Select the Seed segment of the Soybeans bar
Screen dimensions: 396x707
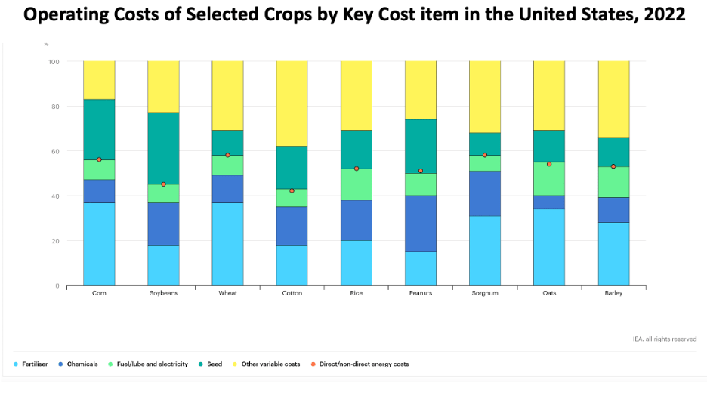pyautogui.click(x=163, y=148)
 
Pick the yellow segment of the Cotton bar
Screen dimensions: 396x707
pyautogui.click(x=292, y=104)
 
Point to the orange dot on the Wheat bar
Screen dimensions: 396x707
pyautogui.click(x=227, y=155)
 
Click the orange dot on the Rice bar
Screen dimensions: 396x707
pyautogui.click(x=357, y=169)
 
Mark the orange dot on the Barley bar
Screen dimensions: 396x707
pyautogui.click(x=613, y=166)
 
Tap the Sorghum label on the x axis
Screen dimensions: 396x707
pyautogui.click(x=485, y=293)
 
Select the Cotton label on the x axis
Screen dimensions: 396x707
pyautogui.click(x=292, y=293)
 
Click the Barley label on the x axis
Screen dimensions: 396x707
pyautogui.click(x=613, y=293)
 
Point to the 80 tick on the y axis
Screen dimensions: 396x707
pyautogui.click(x=54, y=107)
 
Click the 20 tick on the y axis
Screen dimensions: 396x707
pyautogui.click(x=54, y=241)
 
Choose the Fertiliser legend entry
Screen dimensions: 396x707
pyautogui.click(x=35, y=364)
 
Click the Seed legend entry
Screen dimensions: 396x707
pyautogui.click(x=214, y=364)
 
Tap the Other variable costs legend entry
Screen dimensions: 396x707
pyautogui.click(x=268, y=364)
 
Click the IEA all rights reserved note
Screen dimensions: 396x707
pyautogui.click(x=665, y=339)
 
